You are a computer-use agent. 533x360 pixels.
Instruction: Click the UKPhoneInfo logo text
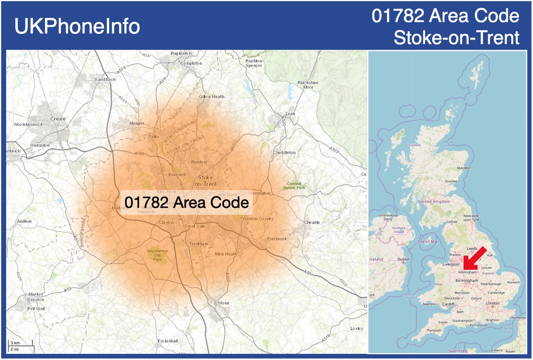77,26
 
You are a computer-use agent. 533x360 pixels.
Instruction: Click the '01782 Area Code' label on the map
187,203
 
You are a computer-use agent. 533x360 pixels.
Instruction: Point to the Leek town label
291,114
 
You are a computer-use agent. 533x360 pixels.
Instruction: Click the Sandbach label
105,80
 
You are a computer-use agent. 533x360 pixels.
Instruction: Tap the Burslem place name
199,162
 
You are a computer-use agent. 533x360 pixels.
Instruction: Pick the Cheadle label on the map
312,222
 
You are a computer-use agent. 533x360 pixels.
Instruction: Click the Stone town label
223,303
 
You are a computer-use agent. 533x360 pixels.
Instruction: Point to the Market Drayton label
35,297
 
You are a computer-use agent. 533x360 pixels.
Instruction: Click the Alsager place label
137,123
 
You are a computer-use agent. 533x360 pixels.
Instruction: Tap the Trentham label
199,244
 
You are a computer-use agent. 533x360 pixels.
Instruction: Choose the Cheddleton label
284,152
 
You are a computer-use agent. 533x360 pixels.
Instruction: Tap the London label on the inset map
492,303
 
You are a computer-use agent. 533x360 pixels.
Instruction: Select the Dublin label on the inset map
404,259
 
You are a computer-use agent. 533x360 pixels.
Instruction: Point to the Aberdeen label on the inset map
464,167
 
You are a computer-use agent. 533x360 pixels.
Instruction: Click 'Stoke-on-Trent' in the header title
456,38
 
